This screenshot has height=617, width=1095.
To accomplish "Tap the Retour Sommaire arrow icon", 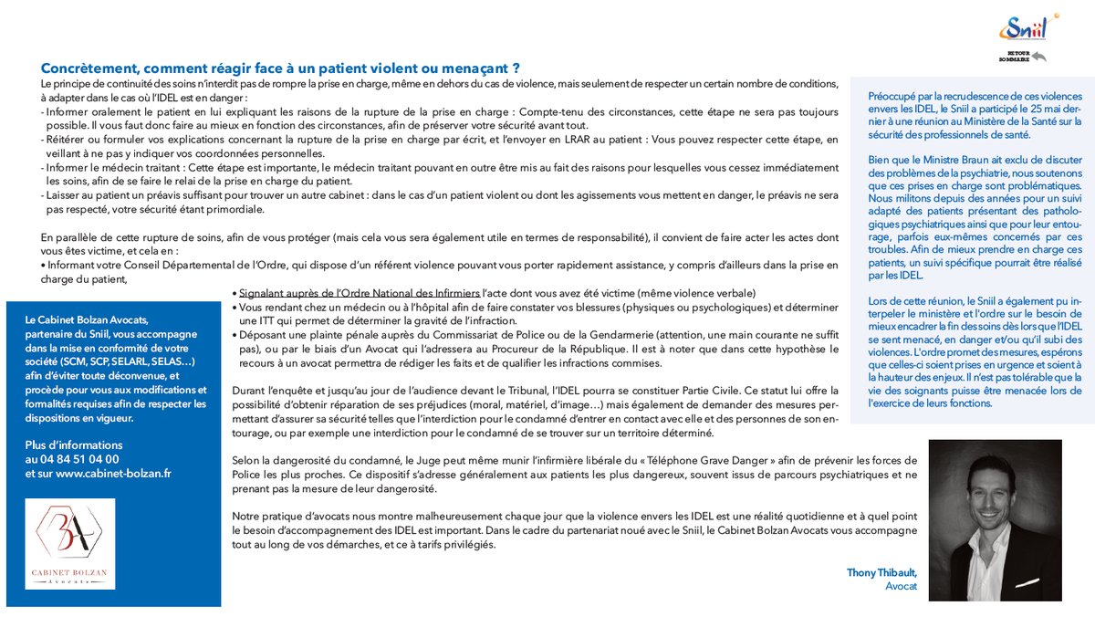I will click(x=1038, y=58).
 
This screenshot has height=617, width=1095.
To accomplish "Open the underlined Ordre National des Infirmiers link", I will click(x=358, y=293).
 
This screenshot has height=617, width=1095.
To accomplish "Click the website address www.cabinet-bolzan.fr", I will click(x=113, y=473).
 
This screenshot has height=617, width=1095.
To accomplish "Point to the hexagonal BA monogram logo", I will click(x=77, y=535).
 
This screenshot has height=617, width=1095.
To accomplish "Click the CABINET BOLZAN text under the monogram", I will click(x=77, y=571).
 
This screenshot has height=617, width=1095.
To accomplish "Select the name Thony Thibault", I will click(x=881, y=572).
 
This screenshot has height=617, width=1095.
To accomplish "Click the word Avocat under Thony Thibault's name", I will click(x=901, y=586).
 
